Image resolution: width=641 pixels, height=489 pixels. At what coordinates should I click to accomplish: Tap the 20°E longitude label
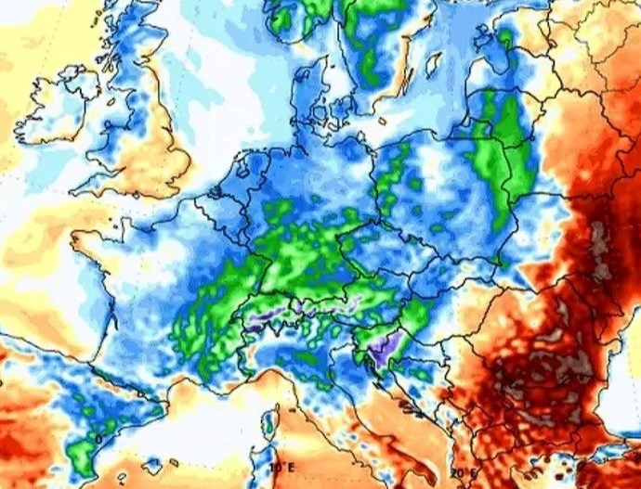click(461, 472)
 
